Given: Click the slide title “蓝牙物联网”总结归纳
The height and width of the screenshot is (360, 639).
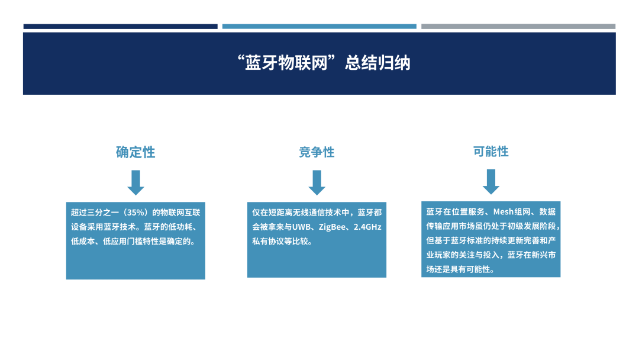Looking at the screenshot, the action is click(x=324, y=63).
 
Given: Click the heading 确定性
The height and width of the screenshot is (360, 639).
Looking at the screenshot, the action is click(x=135, y=152).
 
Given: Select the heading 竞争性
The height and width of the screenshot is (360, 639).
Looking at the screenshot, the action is click(x=317, y=152).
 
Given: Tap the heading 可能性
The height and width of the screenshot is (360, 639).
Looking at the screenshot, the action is click(x=490, y=151).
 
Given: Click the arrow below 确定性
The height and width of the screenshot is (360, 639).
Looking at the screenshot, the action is click(x=135, y=182).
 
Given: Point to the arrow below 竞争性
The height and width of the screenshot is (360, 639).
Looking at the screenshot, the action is click(x=317, y=182).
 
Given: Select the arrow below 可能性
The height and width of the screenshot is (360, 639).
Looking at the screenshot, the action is click(x=491, y=182).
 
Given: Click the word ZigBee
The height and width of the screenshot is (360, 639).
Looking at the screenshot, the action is click(x=332, y=227).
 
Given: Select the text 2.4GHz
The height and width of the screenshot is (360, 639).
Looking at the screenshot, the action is click(x=367, y=227).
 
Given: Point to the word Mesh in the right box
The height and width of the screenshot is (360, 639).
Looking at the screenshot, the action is click(x=504, y=211).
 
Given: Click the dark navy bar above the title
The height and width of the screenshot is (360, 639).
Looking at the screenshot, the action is click(x=120, y=27).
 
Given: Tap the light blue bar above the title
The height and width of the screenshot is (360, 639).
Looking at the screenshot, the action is click(x=319, y=27).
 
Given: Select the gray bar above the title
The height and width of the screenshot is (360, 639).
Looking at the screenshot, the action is click(x=518, y=27).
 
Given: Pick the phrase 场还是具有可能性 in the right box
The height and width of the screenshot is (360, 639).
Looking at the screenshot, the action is click(x=457, y=269).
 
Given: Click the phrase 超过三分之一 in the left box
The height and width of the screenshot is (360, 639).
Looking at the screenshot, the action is click(x=95, y=213).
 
